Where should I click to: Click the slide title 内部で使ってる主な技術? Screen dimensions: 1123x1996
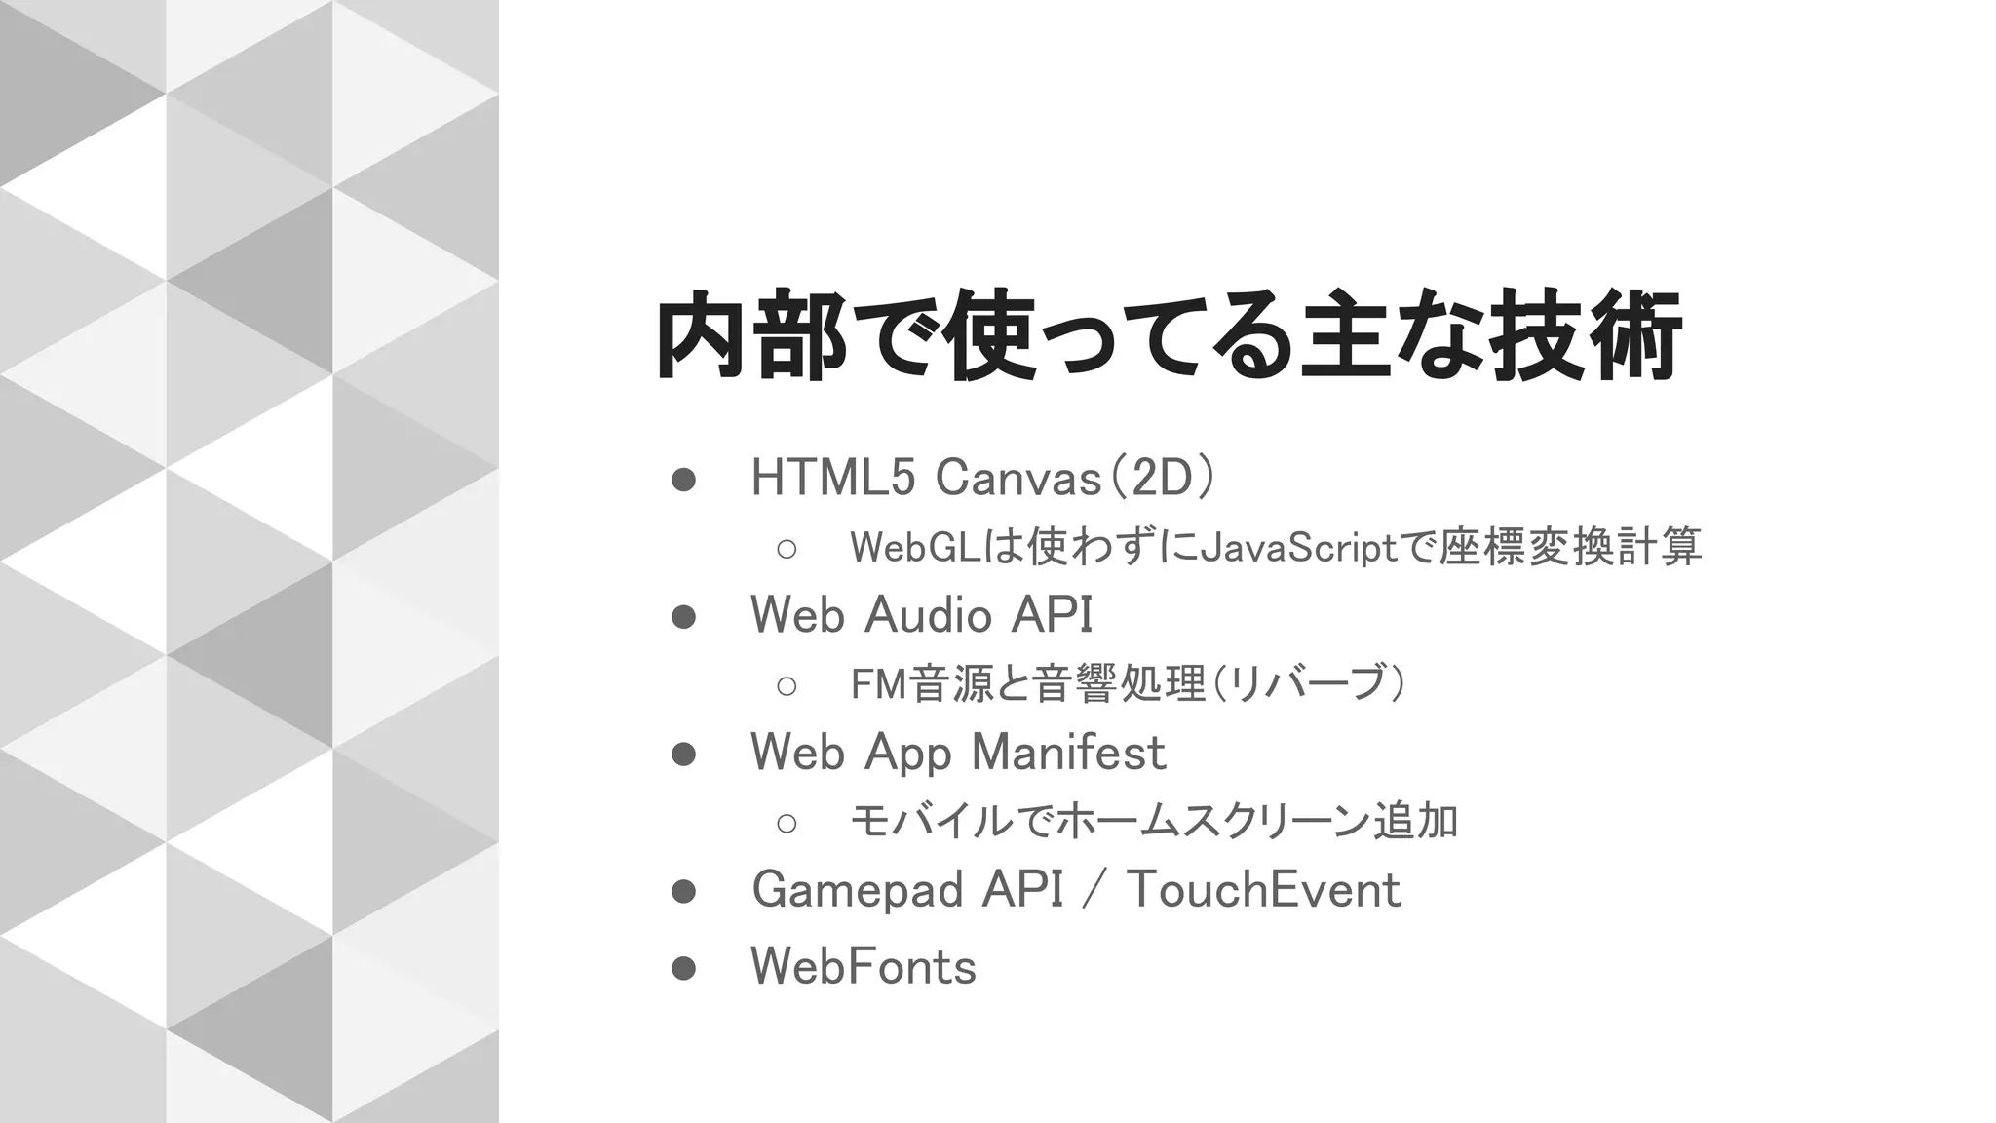click(1168, 336)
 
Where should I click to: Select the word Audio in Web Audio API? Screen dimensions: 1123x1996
click(927, 615)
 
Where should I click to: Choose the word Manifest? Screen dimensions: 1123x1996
click(1068, 753)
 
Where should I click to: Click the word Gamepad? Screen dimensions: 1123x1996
click(859, 890)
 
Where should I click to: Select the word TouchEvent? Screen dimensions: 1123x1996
click(1264, 890)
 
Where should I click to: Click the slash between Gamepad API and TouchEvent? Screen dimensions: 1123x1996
click(1094, 890)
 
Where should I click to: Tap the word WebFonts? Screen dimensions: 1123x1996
click(864, 967)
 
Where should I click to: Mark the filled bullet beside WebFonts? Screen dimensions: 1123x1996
click(683, 968)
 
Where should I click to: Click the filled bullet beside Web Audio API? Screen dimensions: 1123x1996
click(683, 617)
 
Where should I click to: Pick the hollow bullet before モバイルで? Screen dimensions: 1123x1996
click(787, 823)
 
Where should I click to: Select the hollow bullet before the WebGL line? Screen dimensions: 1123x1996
click(787, 549)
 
